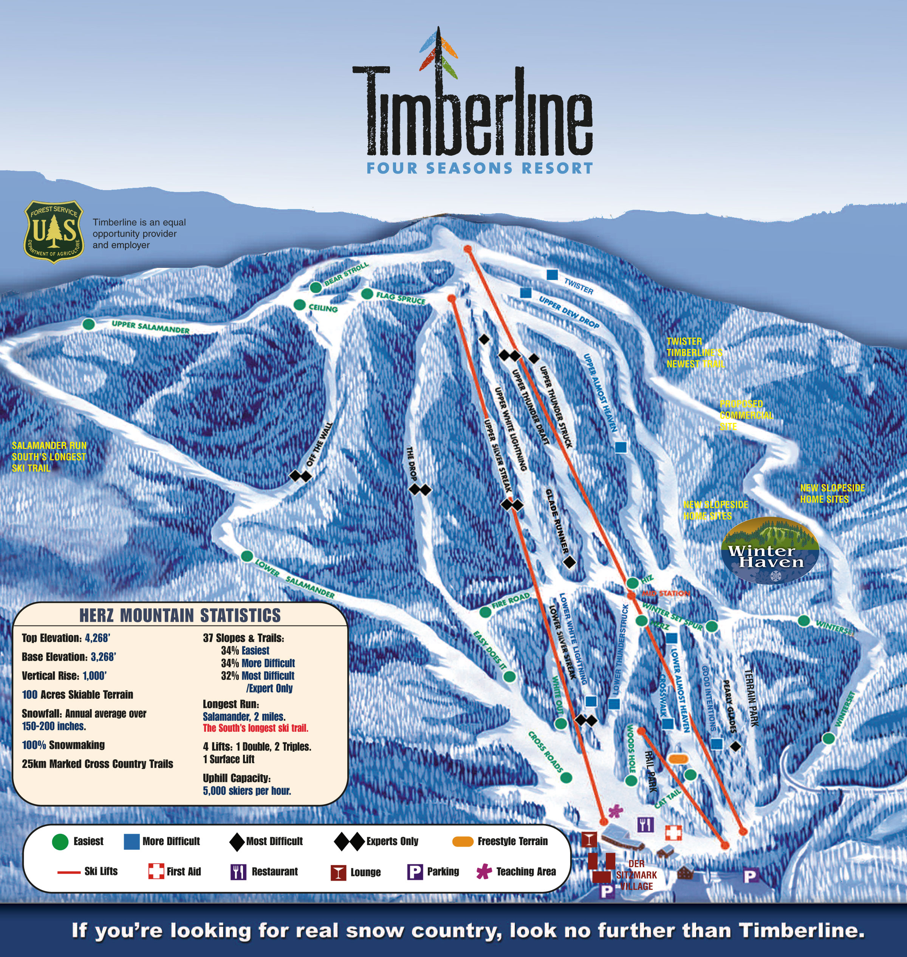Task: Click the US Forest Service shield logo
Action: [x=54, y=232]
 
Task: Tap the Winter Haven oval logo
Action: [x=770, y=550]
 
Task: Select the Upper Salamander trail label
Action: [x=150, y=327]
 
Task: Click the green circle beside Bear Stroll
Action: [x=316, y=287]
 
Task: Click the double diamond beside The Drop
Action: [x=419, y=490]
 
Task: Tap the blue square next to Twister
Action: [x=552, y=275]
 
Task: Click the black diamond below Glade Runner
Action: [x=570, y=562]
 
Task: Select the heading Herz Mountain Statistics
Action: [x=180, y=615]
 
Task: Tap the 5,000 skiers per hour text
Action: [x=246, y=791]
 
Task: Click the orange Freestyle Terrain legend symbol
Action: [x=462, y=841]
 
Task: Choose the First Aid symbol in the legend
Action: [x=156, y=871]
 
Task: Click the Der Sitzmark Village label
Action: [x=636, y=875]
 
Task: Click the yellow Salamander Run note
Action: [x=49, y=457]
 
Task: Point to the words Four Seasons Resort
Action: [x=479, y=168]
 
